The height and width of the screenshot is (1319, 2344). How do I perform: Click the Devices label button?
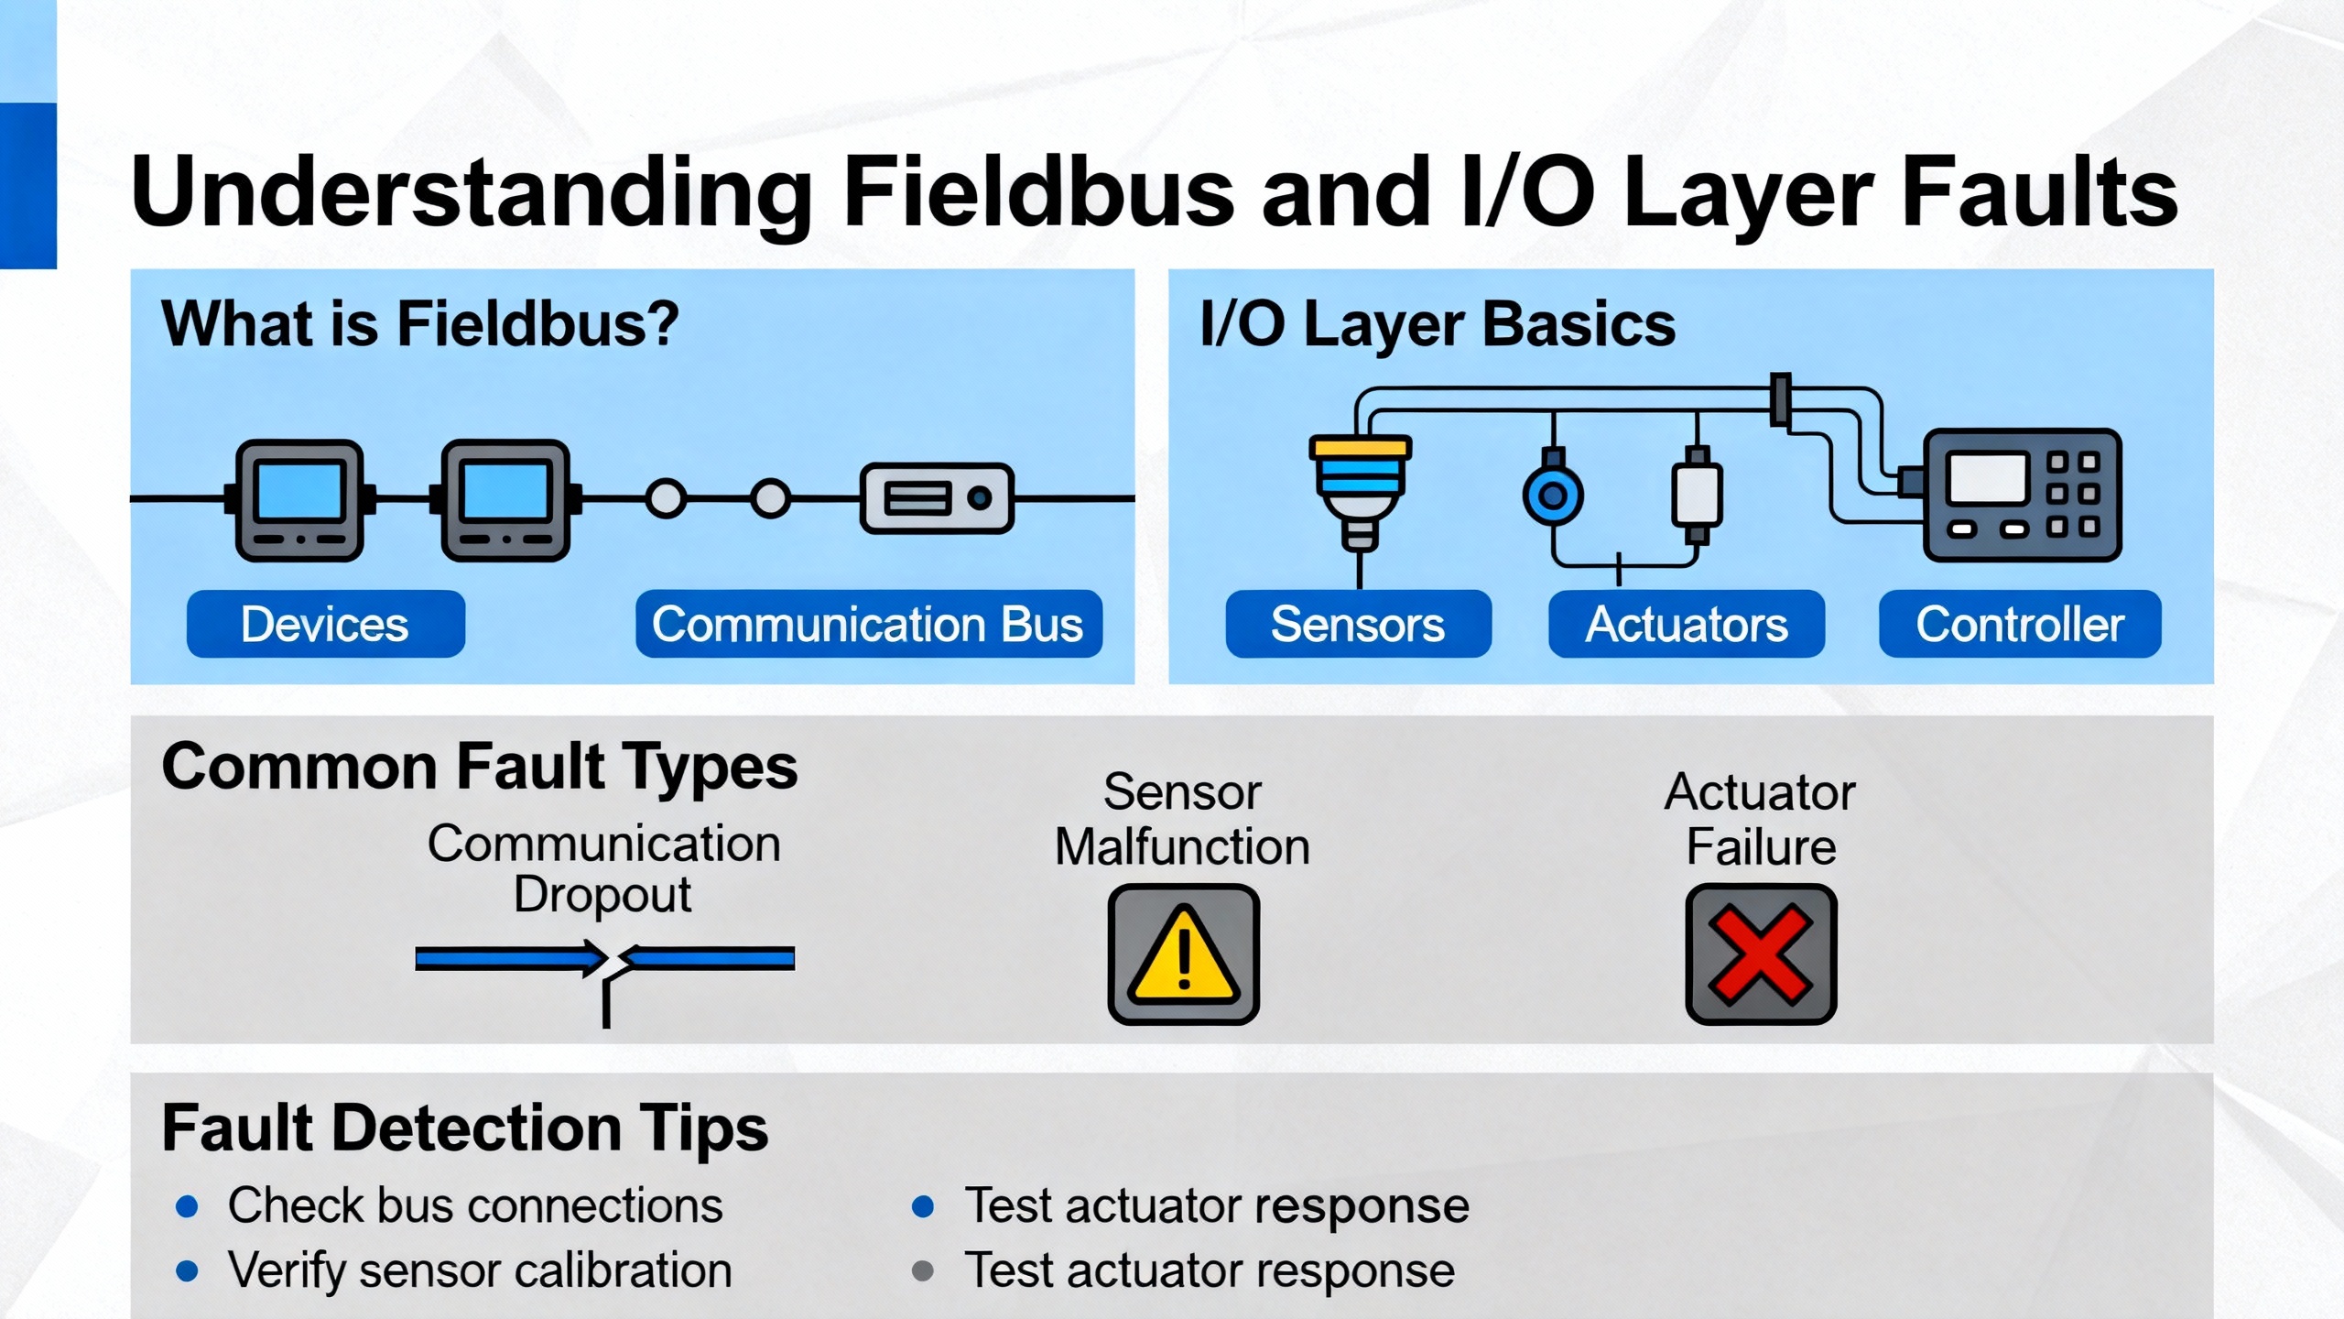point(325,624)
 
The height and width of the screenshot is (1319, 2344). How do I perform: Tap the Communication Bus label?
point(868,624)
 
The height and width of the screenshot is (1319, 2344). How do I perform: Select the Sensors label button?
point(1358,624)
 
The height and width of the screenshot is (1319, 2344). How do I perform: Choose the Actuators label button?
point(1686,624)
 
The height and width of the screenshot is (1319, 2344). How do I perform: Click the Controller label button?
point(2020,624)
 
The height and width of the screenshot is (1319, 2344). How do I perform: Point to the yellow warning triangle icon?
point(1184,955)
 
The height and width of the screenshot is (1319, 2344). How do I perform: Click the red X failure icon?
point(1761,954)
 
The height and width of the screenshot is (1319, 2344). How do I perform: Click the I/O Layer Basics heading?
point(1438,324)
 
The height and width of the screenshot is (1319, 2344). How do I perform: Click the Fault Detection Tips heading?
point(465,1127)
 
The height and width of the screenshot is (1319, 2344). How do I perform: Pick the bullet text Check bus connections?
point(475,1205)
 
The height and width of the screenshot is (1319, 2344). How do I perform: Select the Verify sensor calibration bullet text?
point(480,1270)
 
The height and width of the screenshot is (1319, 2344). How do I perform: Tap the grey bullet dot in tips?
point(923,1271)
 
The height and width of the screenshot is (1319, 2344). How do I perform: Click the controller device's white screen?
point(1987,478)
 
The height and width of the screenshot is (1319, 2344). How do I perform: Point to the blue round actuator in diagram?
point(1553,496)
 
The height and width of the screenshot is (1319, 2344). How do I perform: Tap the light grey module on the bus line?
point(937,498)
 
